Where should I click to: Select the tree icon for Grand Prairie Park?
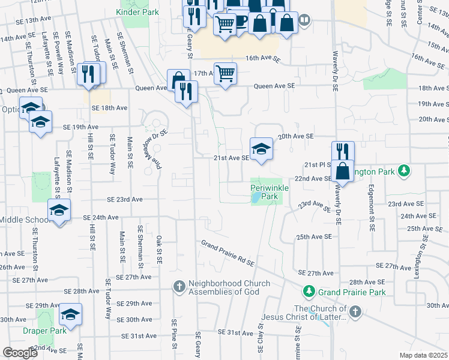[309, 291]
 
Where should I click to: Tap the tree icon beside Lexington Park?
[405, 171]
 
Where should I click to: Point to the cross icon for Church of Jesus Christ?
[355, 311]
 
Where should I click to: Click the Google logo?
[20, 352]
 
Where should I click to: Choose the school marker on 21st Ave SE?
[261, 149]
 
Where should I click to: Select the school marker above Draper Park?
[70, 314]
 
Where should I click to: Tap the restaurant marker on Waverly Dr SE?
[343, 151]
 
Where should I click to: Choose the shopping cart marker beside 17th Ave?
[225, 74]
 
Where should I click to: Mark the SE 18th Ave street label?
[110, 108]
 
